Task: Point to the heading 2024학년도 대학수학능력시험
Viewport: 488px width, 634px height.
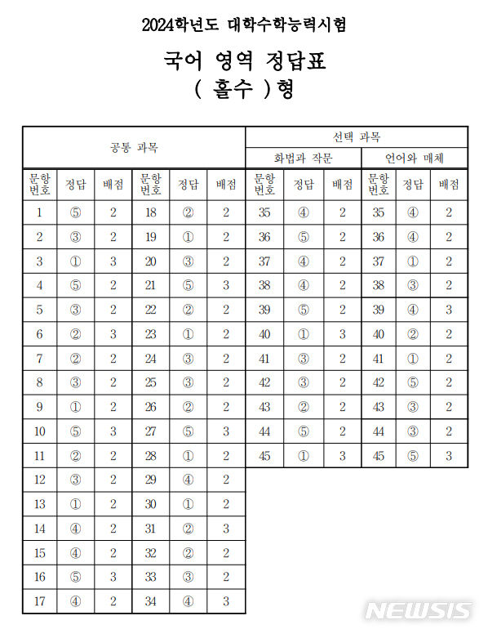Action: [x=244, y=25]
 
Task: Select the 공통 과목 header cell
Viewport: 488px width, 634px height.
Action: [x=134, y=148]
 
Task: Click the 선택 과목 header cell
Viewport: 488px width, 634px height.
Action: [x=357, y=136]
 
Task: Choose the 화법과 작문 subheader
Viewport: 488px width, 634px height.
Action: [x=303, y=158]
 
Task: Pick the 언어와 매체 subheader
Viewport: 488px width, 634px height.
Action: [x=415, y=158]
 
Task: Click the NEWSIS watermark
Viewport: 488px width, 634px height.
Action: [x=418, y=611]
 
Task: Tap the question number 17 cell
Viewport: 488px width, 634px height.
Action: [x=39, y=603]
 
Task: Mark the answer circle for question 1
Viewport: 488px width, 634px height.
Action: [x=76, y=213]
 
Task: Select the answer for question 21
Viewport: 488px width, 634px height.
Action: [x=189, y=284]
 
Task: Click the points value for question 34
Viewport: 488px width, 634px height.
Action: [x=226, y=603]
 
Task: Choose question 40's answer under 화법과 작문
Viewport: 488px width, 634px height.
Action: [x=303, y=334]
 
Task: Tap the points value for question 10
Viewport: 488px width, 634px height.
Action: [x=113, y=431]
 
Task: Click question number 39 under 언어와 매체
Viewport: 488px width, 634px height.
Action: [x=378, y=310]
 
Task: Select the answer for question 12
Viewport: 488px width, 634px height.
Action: [x=76, y=480]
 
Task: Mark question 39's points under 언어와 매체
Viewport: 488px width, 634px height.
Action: [x=449, y=310]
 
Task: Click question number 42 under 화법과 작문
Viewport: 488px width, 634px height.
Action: [x=264, y=382]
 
